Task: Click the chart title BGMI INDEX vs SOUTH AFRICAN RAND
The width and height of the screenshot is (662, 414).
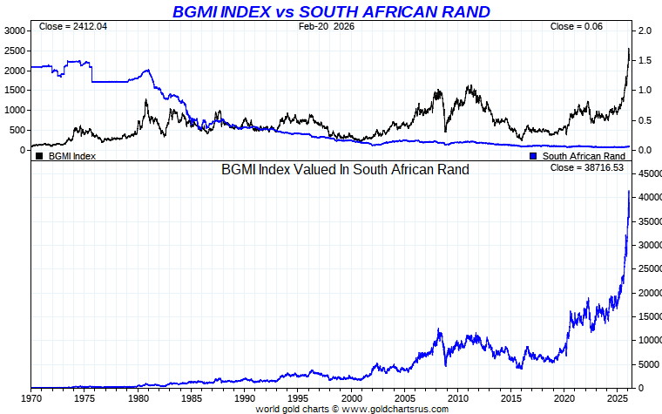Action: [x=331, y=11]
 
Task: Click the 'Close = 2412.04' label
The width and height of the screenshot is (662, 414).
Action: [x=73, y=26]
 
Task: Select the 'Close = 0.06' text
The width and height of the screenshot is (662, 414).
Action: [x=576, y=26]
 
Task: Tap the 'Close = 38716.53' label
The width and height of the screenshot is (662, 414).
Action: [x=587, y=167]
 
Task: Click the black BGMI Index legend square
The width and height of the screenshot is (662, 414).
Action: [x=39, y=156]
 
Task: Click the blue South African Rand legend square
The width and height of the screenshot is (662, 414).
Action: [x=534, y=156]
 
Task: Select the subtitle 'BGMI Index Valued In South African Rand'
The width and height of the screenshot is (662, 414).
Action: [x=345, y=169]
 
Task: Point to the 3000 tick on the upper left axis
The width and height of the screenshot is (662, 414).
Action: [x=14, y=30]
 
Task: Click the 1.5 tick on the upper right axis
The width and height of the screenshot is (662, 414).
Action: [x=644, y=60]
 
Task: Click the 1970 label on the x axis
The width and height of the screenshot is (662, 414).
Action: [x=30, y=397]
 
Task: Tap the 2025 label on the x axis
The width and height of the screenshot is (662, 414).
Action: [x=619, y=397]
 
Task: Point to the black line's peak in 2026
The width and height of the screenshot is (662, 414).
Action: [x=629, y=49]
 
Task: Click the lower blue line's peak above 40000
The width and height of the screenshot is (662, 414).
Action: [x=629, y=191]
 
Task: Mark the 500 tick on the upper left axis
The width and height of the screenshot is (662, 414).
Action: [x=17, y=130]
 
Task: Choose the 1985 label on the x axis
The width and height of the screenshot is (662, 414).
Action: [x=191, y=397]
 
